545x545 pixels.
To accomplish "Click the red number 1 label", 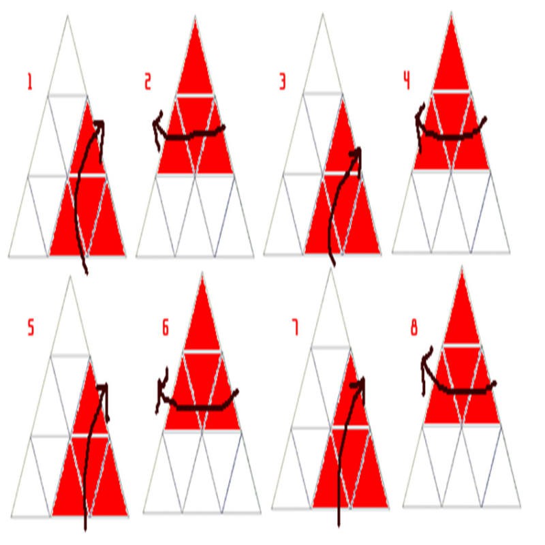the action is pos(30,82).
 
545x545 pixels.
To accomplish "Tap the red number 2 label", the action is pos(148,82).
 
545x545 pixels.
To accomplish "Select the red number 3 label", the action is pos(283,82).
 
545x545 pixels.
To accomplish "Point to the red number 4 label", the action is pos(407,82).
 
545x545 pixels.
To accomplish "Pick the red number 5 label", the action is pos(31,328).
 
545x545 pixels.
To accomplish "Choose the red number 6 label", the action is pos(166,328).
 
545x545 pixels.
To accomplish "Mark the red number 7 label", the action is pos(295,328).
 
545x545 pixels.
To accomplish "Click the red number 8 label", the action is pos(414,328).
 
